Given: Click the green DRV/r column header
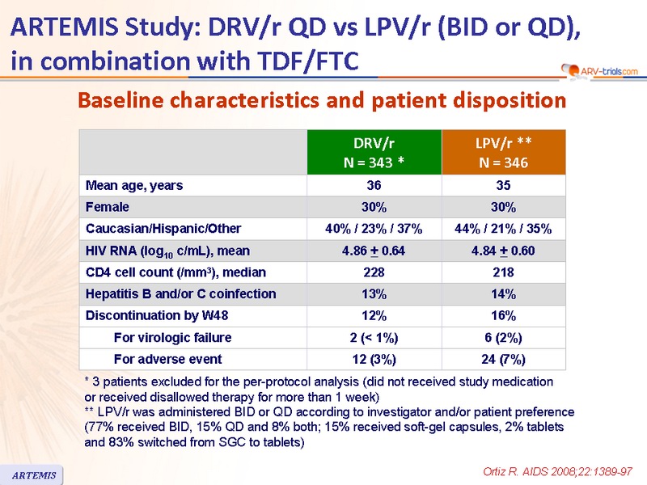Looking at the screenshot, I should pos(374,152).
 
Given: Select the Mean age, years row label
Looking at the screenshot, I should pos(134,185).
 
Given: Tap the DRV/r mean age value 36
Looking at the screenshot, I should pos(374,185).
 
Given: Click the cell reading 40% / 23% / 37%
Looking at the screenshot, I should pos(374,229).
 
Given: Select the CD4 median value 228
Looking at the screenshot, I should pos(374,272).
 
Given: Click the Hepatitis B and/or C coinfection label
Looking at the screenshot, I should pos(180,293).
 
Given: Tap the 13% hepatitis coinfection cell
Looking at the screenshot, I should pos(374,293).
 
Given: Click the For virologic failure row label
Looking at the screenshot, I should pos(172,337).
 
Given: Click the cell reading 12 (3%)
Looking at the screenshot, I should pos(374,359).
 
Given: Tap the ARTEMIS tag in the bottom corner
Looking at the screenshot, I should pos(34,474).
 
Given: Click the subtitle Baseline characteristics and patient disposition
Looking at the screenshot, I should pos(321,100).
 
